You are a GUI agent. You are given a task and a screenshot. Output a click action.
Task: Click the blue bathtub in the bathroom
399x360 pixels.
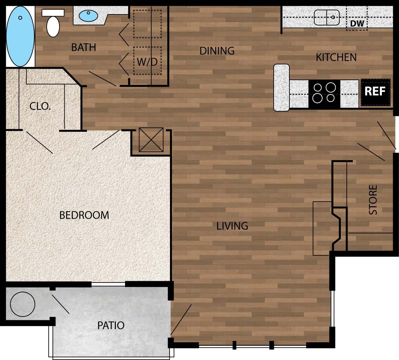[20, 36]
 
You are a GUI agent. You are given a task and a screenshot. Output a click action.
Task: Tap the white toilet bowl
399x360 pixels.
[53, 26]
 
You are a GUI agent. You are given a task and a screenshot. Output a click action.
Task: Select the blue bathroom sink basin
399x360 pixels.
[88, 15]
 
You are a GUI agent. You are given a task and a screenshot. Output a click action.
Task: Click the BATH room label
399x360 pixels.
[84, 47]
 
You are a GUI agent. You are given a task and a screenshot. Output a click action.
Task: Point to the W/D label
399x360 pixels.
[147, 61]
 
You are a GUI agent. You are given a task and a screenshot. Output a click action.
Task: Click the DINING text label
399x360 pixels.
[217, 51]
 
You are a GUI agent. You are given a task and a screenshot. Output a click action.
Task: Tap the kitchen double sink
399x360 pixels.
[326, 17]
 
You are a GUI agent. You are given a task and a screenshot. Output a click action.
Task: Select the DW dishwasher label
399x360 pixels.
[357, 23]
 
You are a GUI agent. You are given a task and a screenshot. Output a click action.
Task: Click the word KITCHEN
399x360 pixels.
[336, 57]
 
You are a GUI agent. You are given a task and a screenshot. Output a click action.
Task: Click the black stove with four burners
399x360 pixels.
[324, 93]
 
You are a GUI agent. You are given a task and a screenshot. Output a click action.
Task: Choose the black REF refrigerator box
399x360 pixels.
[375, 92]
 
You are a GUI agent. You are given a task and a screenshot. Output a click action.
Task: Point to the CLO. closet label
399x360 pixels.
[40, 106]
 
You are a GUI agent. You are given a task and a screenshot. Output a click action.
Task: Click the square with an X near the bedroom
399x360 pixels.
[151, 140]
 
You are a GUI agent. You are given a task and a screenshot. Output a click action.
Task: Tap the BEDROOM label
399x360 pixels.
[84, 215]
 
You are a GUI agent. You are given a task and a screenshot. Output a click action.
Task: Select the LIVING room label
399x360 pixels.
[232, 226]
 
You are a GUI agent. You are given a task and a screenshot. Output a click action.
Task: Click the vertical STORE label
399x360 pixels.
[373, 200]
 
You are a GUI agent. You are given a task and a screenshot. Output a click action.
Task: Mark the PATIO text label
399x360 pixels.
[111, 326]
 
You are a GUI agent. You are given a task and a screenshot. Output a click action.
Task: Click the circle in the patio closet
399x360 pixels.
[22, 304]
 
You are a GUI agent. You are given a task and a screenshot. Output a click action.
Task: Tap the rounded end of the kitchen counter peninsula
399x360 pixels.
[282, 87]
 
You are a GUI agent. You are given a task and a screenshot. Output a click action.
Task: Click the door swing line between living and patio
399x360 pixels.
[181, 320]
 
